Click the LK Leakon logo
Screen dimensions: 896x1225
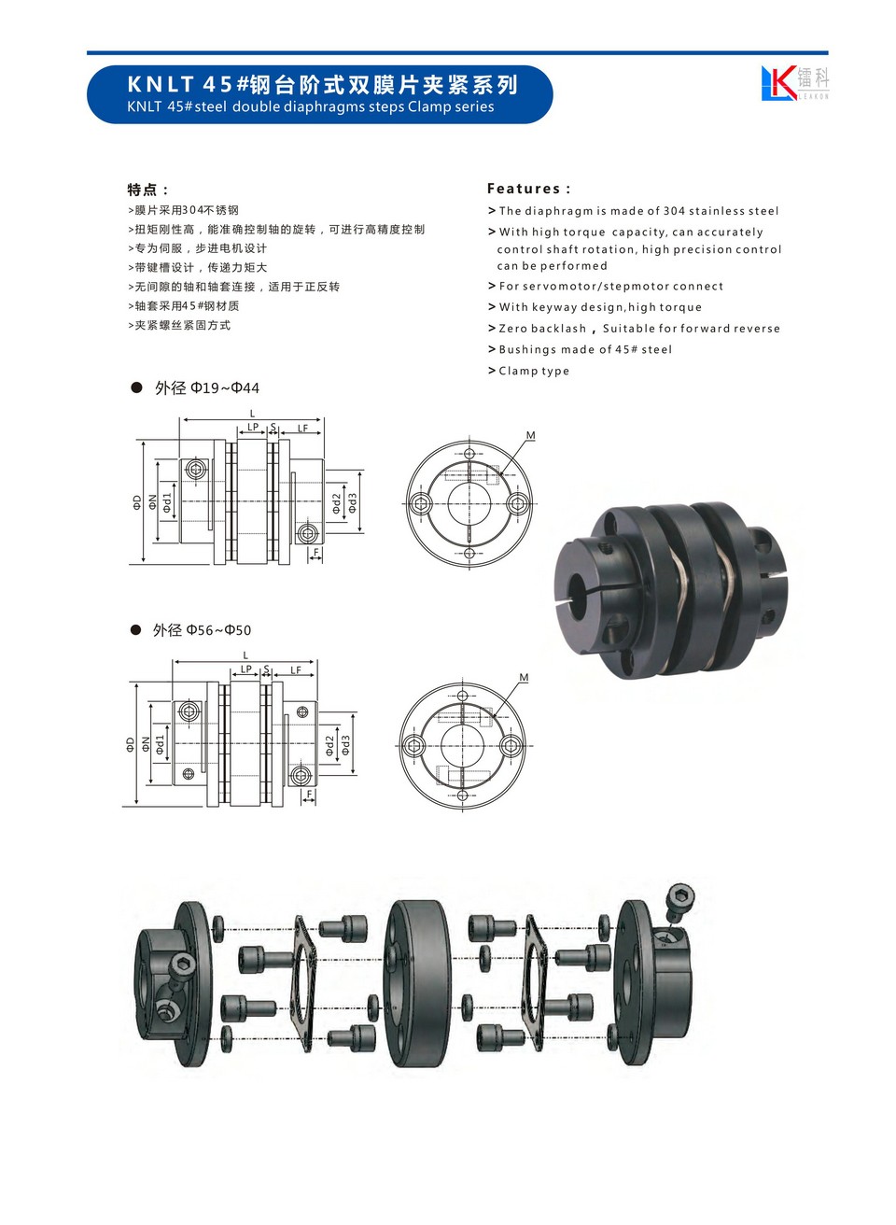(794, 82)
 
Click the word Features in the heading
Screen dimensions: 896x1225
(524, 189)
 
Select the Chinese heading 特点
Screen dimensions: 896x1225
(142, 190)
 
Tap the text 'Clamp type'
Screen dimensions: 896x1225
(534, 371)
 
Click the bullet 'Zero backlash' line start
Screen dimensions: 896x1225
(492, 328)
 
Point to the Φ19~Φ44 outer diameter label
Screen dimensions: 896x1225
(206, 387)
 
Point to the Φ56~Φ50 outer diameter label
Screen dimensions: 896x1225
(202, 630)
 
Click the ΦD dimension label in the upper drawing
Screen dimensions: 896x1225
(136, 502)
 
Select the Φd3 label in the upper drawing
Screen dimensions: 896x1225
(353, 502)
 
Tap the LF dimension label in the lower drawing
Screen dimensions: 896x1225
(295, 670)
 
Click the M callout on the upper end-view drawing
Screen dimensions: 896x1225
(530, 435)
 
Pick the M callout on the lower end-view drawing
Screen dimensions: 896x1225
(524, 678)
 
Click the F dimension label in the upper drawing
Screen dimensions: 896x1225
(316, 553)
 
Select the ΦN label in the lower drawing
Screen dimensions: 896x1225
(146, 744)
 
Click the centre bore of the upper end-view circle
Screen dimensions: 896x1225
(469, 503)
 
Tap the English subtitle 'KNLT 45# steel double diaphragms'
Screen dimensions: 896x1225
(246, 106)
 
